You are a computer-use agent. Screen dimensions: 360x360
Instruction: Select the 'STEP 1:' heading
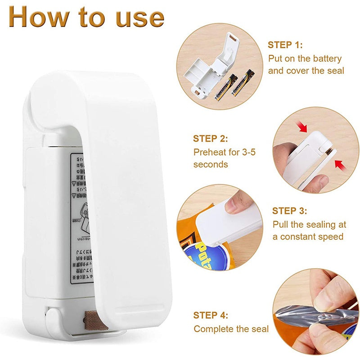285,45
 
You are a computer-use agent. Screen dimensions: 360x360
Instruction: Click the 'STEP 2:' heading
211,139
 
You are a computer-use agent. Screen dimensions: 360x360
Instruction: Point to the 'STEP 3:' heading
290,211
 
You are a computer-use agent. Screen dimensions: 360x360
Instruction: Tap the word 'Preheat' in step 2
210,152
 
